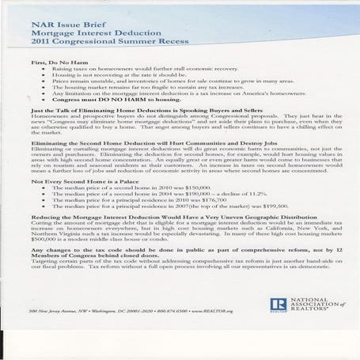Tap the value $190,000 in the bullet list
[179, 195]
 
